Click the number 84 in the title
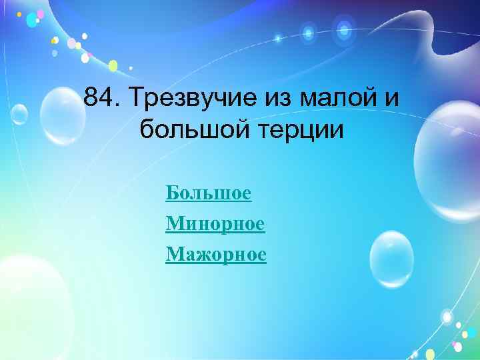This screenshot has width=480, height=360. [x=101, y=100]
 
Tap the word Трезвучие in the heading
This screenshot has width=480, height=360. [x=189, y=100]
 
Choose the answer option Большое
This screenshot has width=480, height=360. [x=208, y=193]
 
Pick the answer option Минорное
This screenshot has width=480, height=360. [x=215, y=224]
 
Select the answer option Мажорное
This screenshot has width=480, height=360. [x=215, y=254]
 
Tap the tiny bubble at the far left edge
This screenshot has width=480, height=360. [x=19, y=115]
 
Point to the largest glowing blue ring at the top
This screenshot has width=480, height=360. [x=344, y=29]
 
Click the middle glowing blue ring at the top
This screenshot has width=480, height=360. [x=308, y=31]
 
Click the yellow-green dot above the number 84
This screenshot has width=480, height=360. [x=113, y=65]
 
